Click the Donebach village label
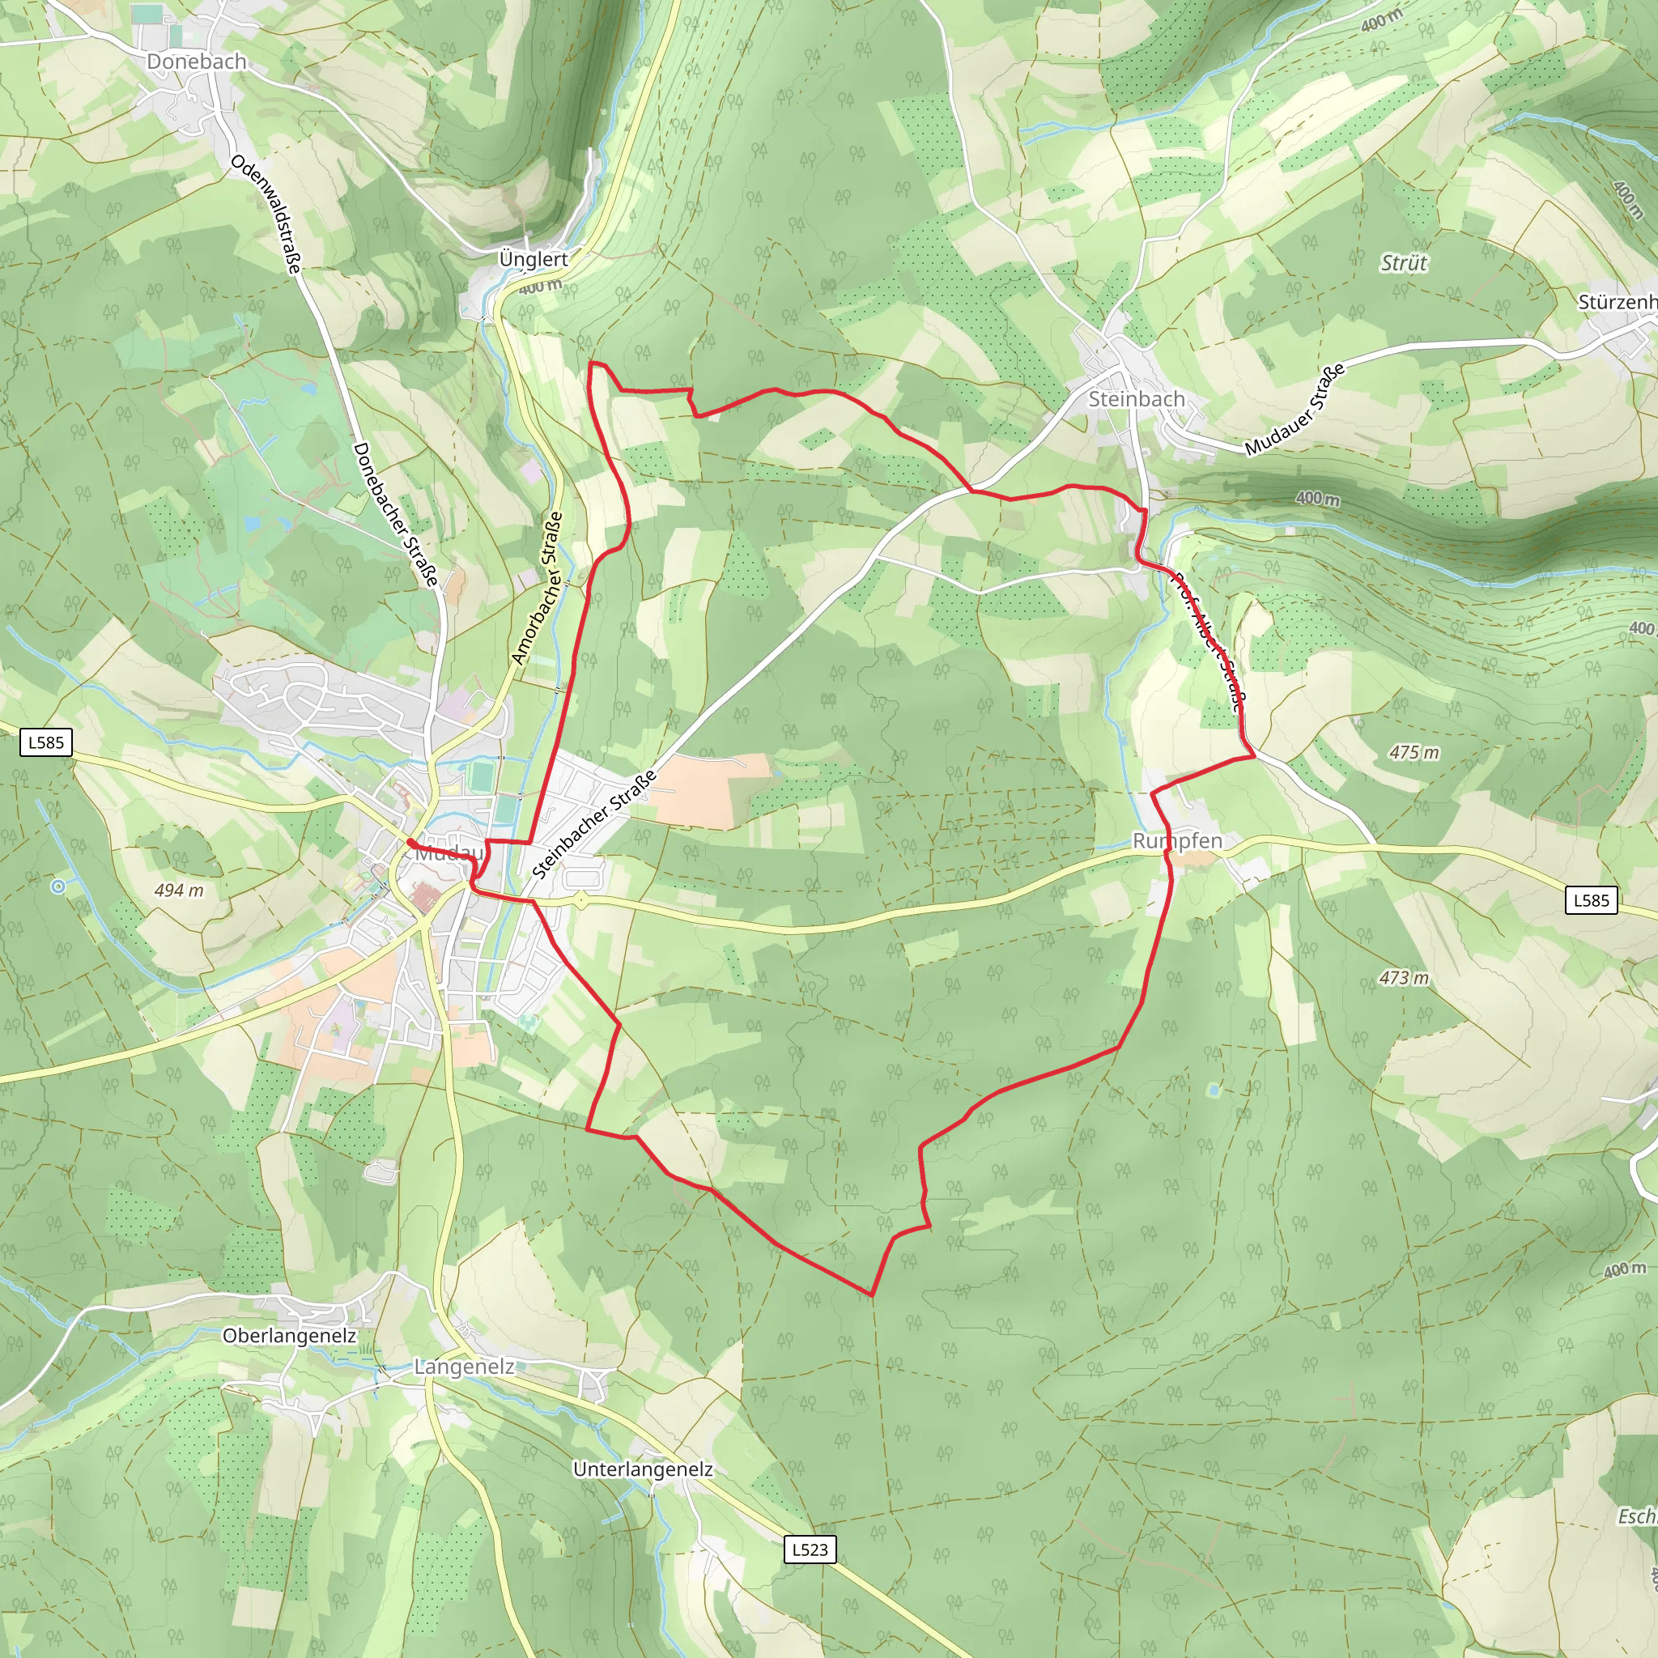tap(197, 62)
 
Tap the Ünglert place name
tap(533, 259)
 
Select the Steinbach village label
tap(1136, 399)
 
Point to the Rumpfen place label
tap(1176, 841)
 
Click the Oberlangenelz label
tap(289, 1336)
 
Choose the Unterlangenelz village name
tap(643, 1469)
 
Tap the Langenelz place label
tap(464, 1367)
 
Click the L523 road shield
tap(810, 1549)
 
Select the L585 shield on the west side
tap(46, 742)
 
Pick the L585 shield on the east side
tap(1591, 900)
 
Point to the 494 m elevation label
tap(180, 891)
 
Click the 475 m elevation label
tap(1414, 753)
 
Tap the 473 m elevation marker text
tap(1405, 977)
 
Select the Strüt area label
tap(1403, 263)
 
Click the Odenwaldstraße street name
tap(266, 215)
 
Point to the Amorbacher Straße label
tap(538, 589)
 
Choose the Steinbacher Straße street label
tap(594, 825)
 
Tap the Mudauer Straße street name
tap(1295, 410)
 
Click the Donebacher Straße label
tap(396, 514)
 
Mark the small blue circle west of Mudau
tap(57, 886)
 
